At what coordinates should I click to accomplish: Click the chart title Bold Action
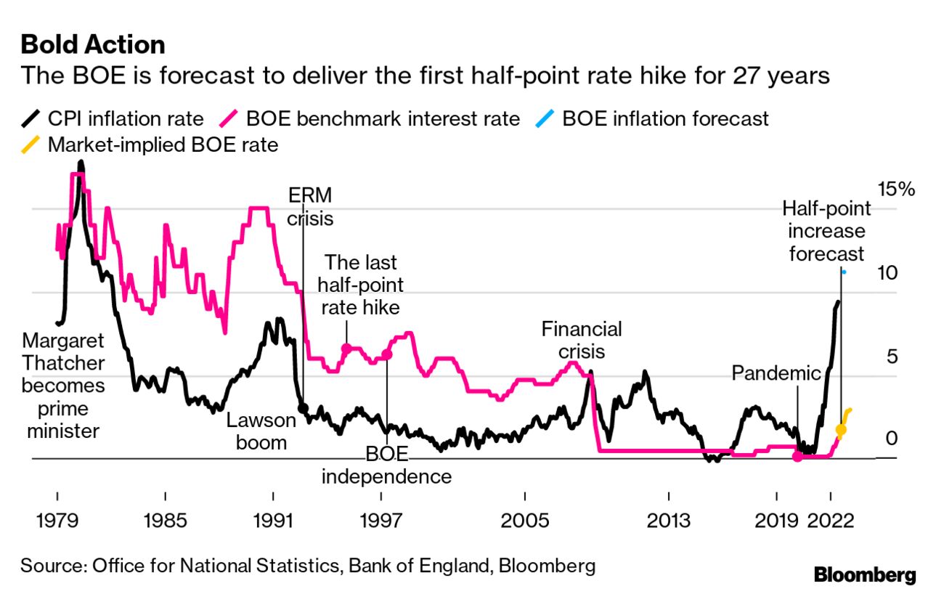tap(93, 45)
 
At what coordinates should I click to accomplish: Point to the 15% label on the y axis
tap(896, 190)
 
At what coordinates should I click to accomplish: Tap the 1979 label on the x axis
tap(57, 522)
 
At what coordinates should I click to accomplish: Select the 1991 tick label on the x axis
tap(273, 522)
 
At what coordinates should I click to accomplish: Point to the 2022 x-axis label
tap(830, 522)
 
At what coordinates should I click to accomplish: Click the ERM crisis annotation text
tap(310, 206)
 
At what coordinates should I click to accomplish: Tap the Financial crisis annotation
tap(582, 340)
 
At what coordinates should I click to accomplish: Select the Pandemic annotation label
tap(776, 373)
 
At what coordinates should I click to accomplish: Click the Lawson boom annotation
tap(261, 431)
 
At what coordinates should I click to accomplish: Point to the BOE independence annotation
tap(386, 465)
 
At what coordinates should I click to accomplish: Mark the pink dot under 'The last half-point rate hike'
tap(347, 349)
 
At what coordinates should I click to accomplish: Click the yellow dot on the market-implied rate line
tap(841, 430)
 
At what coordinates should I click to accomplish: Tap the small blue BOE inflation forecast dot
tap(844, 272)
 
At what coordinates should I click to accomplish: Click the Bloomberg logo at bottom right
tap(865, 575)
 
